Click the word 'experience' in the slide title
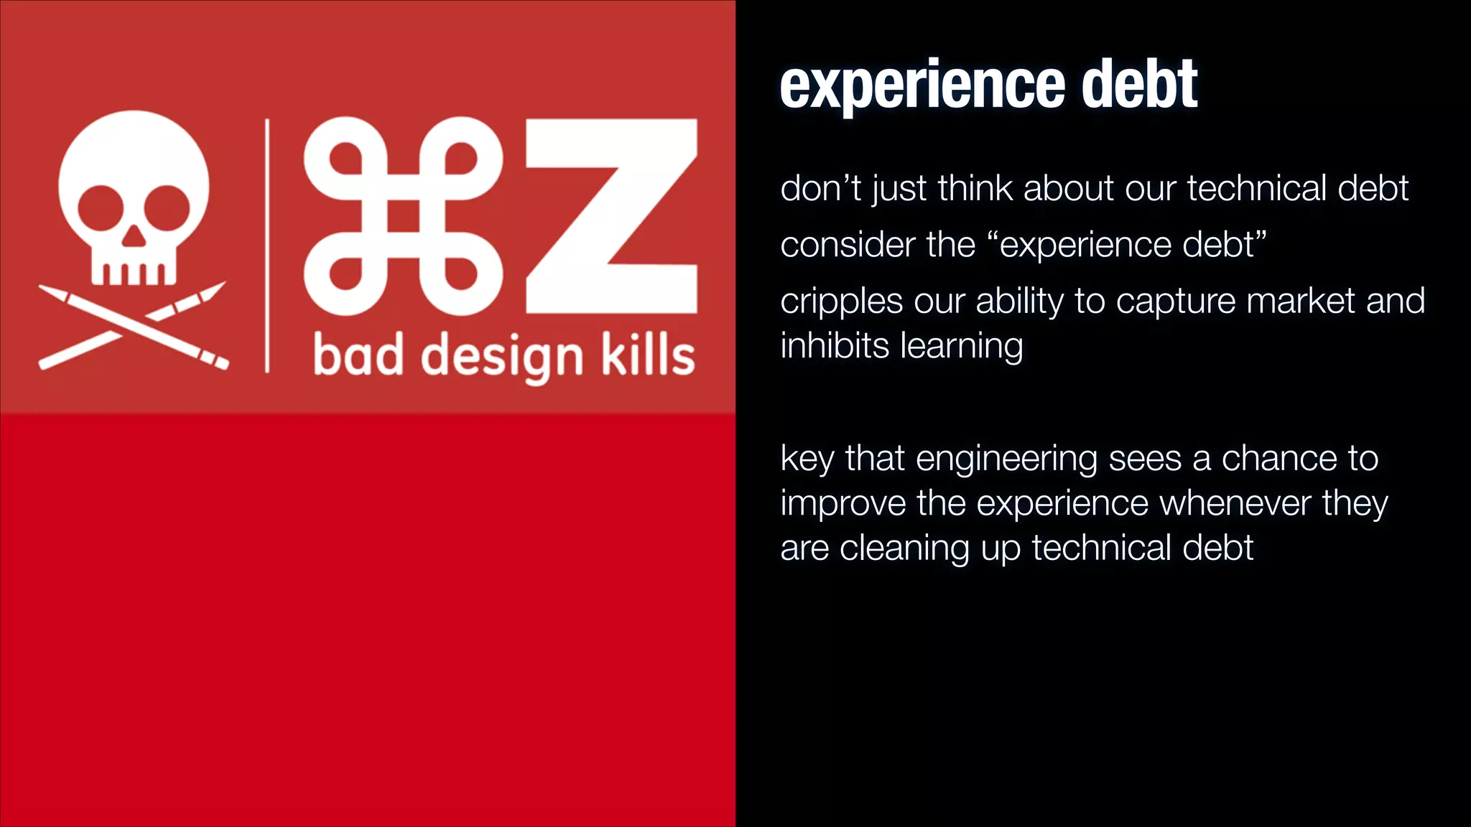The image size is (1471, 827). pos(922,86)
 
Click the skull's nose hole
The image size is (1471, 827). pos(133,236)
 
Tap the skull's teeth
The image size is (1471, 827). pos(133,274)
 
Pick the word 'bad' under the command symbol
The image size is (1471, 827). pos(358,355)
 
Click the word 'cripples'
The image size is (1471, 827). pos(841,302)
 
